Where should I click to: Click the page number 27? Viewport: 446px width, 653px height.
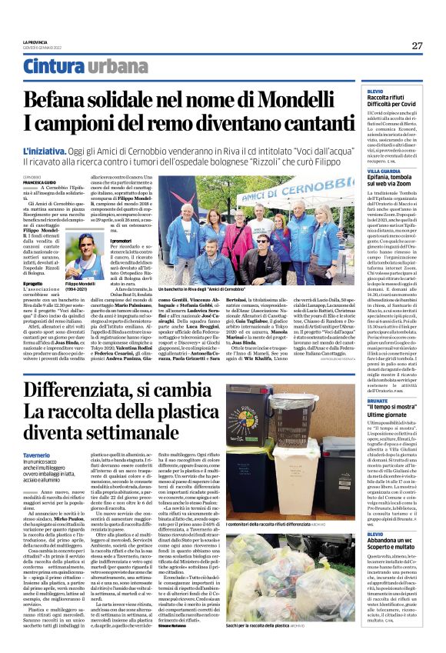tap(416, 46)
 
